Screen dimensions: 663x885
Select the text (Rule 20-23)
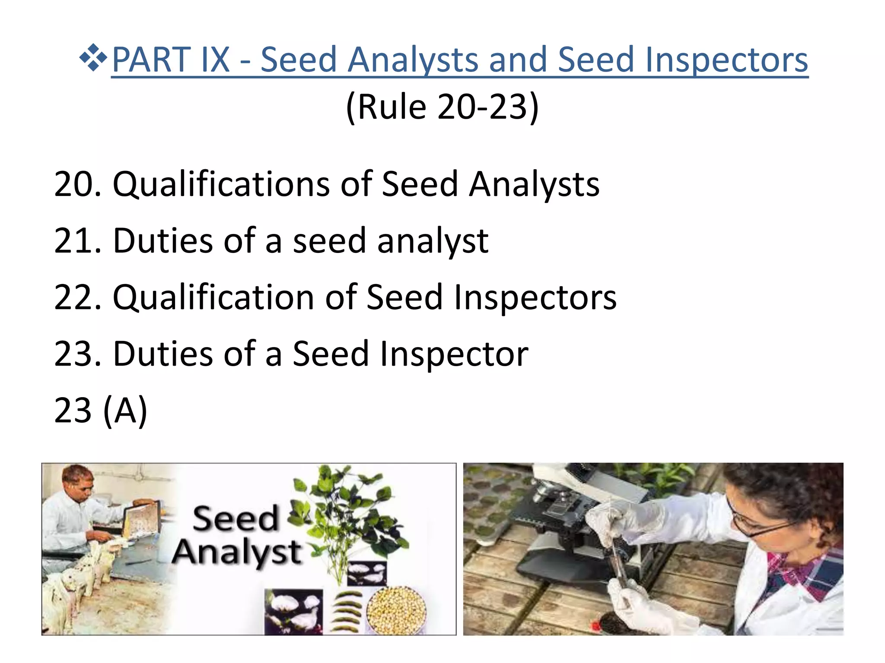tap(442, 107)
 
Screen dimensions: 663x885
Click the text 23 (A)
tap(101, 410)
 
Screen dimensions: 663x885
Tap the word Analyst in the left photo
tap(237, 552)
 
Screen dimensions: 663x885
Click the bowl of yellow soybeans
tap(397, 609)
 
